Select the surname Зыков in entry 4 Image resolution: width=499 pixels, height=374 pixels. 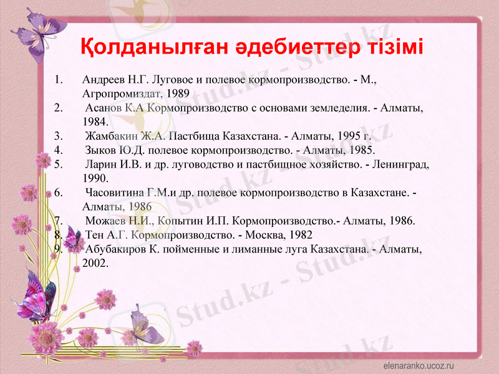[100, 150]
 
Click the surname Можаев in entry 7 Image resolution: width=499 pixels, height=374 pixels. [105, 221]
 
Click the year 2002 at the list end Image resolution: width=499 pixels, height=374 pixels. [94, 262]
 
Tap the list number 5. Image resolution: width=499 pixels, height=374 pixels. [59, 165]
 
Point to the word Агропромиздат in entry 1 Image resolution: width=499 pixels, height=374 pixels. [118, 93]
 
